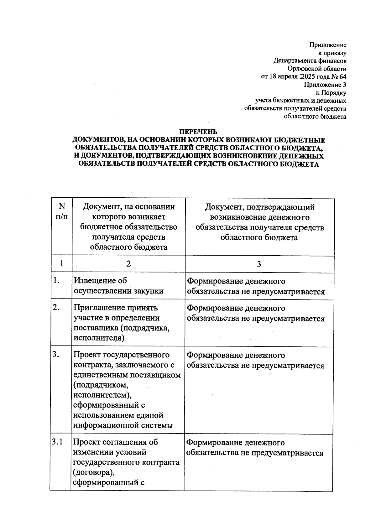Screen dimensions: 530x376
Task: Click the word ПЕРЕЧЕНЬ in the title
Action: click(198, 132)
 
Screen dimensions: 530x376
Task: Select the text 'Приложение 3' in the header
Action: click(325, 85)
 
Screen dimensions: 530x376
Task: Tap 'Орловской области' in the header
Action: click(317, 69)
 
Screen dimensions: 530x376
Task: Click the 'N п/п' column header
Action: click(62, 211)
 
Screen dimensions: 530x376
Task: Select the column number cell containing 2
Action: click(128, 264)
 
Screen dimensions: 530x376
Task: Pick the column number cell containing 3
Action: click(259, 264)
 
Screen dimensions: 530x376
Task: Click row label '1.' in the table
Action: click(56, 281)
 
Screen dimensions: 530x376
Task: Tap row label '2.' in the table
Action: click(56, 308)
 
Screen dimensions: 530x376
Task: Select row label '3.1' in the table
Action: click(57, 442)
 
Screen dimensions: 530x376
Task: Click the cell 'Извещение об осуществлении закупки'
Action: click(118, 286)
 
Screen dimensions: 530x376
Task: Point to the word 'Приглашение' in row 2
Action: click(98, 308)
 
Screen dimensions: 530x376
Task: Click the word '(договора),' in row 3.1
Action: click(92, 472)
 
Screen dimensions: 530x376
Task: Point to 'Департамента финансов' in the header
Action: click(310, 60)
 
